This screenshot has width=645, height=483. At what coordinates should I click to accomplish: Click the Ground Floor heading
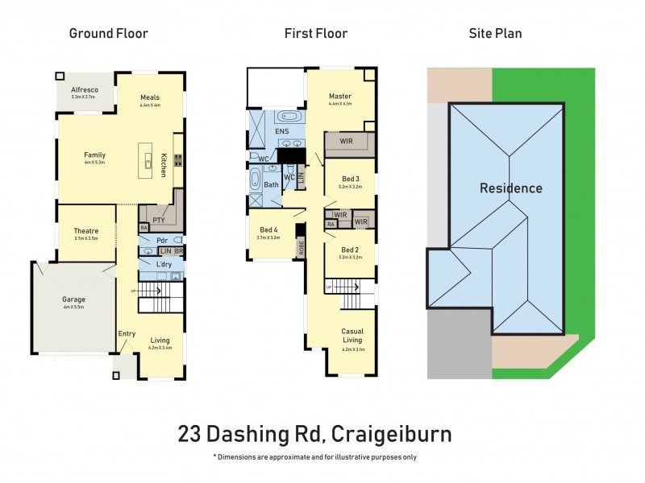(108, 33)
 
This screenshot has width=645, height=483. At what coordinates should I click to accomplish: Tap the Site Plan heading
(494, 33)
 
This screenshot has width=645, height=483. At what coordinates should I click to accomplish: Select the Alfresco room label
(85, 90)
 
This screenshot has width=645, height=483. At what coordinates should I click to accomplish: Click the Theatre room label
(85, 230)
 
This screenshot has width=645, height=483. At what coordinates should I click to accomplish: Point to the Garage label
(74, 299)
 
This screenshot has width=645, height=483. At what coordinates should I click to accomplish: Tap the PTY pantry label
(158, 218)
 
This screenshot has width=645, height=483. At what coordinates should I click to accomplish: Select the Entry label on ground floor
(127, 333)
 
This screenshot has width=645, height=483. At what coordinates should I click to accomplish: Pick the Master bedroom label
(340, 97)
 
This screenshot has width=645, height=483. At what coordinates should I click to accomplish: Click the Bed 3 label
(350, 178)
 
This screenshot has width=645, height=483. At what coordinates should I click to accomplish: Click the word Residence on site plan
(510, 188)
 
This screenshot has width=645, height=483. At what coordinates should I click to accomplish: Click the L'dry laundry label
(166, 265)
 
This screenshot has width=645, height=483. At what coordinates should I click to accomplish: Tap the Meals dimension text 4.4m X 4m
(150, 105)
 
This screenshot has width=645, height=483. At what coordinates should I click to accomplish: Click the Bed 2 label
(350, 250)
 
